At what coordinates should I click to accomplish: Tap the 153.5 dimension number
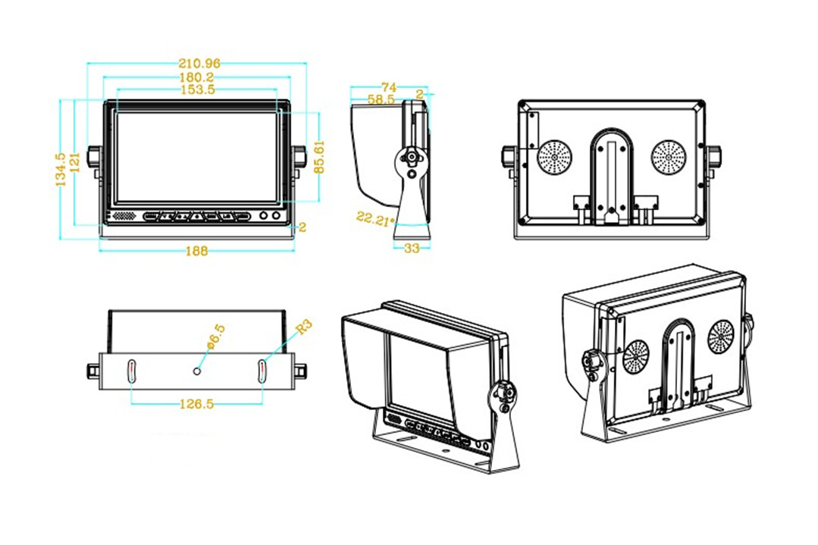click(x=196, y=89)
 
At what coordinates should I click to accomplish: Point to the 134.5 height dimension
click(x=60, y=171)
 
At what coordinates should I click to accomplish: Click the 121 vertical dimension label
click(x=74, y=162)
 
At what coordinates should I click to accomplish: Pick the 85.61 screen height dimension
click(x=319, y=156)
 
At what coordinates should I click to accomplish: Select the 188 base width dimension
click(x=196, y=251)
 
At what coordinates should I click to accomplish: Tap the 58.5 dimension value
click(x=381, y=99)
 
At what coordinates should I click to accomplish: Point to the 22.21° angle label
click(x=376, y=219)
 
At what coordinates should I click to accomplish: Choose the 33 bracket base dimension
click(x=412, y=248)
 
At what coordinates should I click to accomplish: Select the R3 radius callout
click(x=303, y=327)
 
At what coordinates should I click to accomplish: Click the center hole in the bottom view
click(x=197, y=371)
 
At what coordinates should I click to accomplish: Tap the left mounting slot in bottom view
click(x=131, y=371)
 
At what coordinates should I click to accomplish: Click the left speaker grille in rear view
click(x=555, y=157)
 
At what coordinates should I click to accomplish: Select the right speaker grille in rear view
click(x=668, y=157)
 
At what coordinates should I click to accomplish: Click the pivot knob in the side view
click(x=411, y=158)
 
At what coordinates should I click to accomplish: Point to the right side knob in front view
click(x=300, y=158)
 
